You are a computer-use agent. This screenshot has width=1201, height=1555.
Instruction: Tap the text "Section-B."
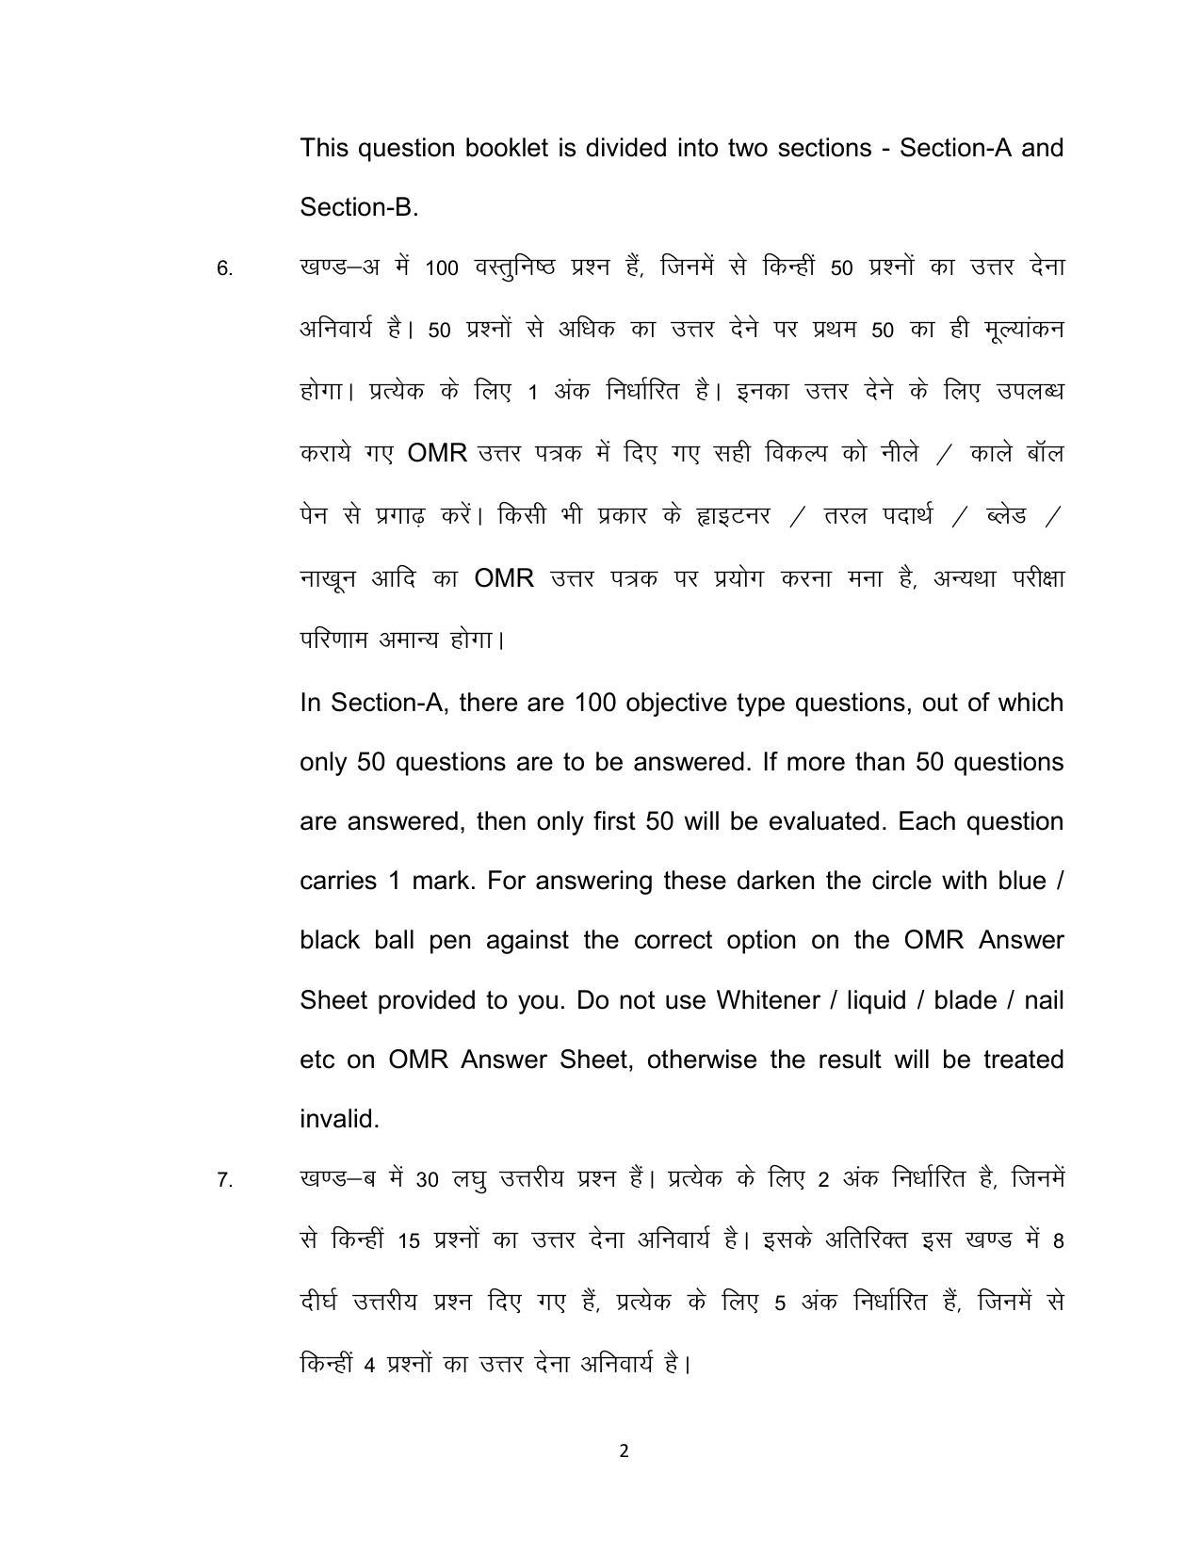pyautogui.click(x=358, y=207)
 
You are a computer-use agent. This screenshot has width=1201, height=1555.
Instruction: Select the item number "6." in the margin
pyautogui.click(x=224, y=269)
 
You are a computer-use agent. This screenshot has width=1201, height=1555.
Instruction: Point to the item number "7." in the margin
pyautogui.click(x=224, y=1180)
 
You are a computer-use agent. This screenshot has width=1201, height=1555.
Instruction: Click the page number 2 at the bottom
pyautogui.click(x=624, y=1451)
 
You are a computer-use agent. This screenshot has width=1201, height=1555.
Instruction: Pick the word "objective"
pyautogui.click(x=679, y=704)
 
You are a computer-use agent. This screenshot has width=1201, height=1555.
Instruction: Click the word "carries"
pyautogui.click(x=339, y=882)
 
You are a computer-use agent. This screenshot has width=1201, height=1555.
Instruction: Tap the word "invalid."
pyautogui.click(x=339, y=1119)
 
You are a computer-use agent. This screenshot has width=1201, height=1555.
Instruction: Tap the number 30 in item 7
pyautogui.click(x=428, y=1180)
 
